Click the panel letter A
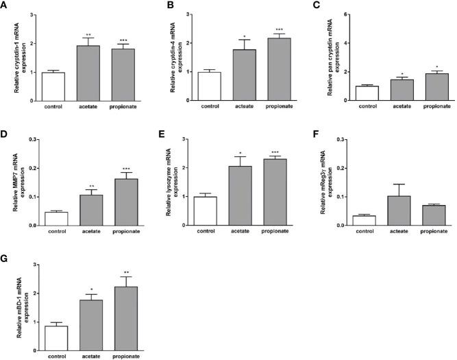click(5, 6)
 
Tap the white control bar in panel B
click(210, 86)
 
